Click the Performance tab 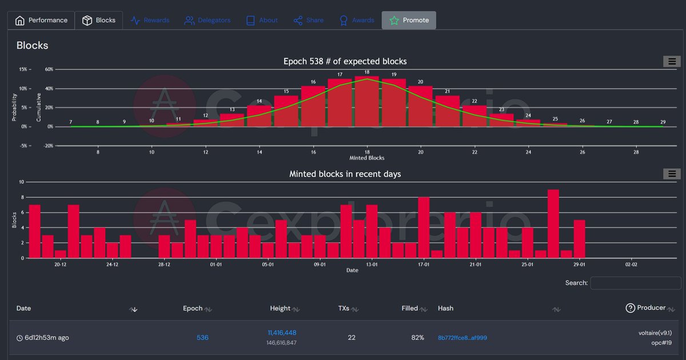tap(41, 20)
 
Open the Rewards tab tap(150, 20)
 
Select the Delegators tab tap(207, 20)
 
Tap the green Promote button tap(409, 20)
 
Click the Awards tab tap(357, 20)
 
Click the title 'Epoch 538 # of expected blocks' tap(345, 61)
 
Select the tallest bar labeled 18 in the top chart tap(366, 101)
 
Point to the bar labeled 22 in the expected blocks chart tap(474, 115)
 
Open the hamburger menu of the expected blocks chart tap(672, 61)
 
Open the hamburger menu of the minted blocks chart tap(672, 174)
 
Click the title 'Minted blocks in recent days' tap(345, 174)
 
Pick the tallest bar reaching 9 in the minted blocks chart tap(553, 223)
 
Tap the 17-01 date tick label tap(424, 265)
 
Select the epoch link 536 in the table tap(202, 338)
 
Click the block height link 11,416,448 tap(282, 333)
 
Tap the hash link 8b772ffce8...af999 tap(462, 338)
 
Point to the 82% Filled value tap(417, 338)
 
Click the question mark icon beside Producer tap(630, 308)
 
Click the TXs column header tap(344, 308)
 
